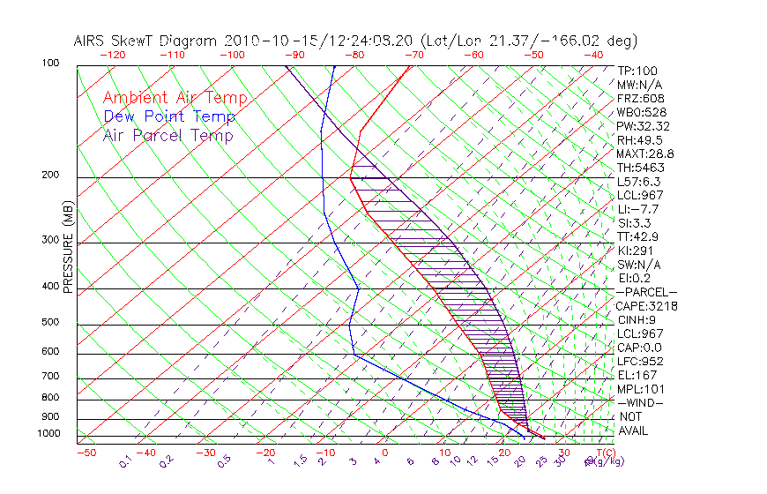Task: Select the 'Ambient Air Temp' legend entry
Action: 175,98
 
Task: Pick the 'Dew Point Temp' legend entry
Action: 168,116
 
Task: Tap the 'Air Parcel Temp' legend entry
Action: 168,135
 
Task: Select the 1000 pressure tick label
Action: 49,433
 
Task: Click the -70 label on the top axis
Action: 413,55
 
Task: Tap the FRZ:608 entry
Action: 639,99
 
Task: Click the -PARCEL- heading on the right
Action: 646,292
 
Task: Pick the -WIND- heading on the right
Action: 639,402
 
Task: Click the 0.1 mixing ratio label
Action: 125,460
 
